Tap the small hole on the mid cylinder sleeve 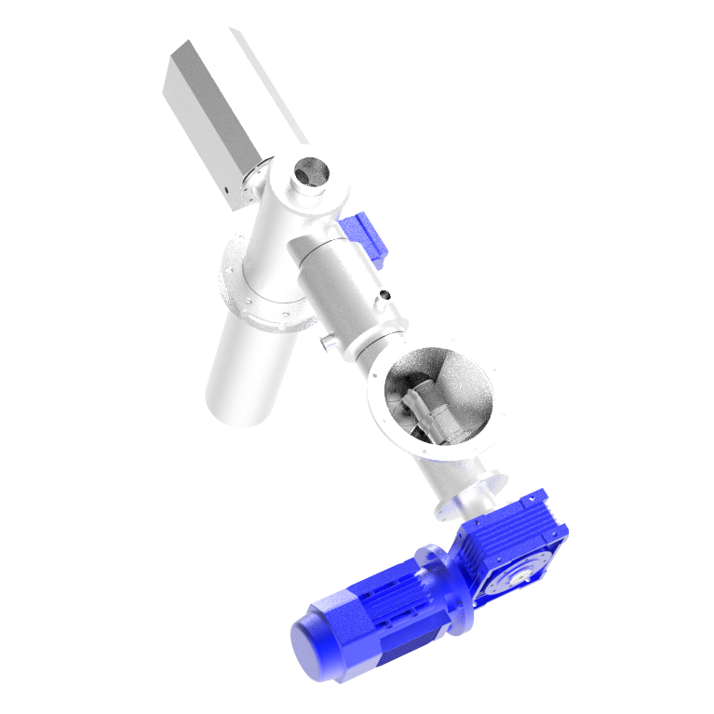click(384, 299)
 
